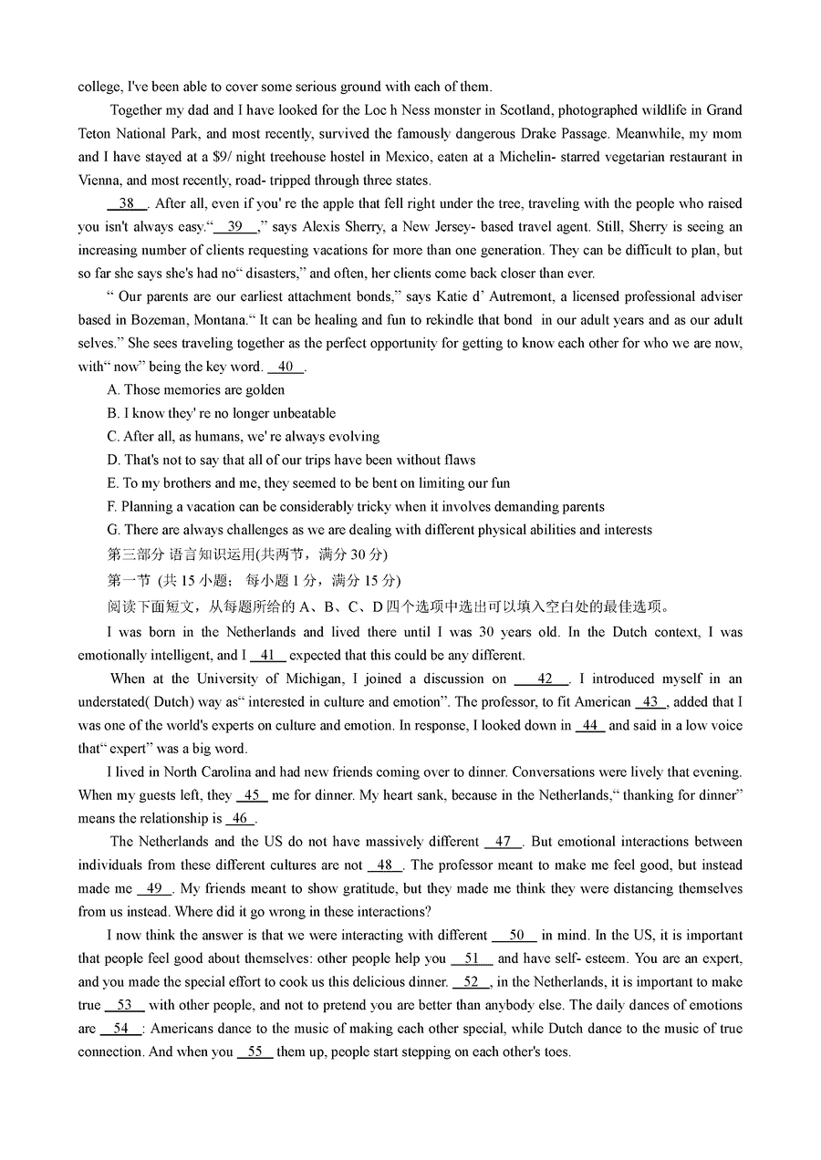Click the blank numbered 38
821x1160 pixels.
point(127,203)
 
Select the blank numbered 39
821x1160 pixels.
point(235,227)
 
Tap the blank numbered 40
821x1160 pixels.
point(286,367)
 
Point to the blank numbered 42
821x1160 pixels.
point(545,678)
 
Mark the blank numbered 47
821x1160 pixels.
point(504,842)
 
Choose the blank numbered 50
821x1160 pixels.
point(516,935)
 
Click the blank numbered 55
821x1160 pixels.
point(255,1051)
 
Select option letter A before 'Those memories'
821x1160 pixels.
point(113,390)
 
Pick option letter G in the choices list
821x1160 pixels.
point(113,530)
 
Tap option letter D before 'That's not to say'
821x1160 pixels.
point(113,460)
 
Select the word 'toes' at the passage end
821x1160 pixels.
point(556,1051)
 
